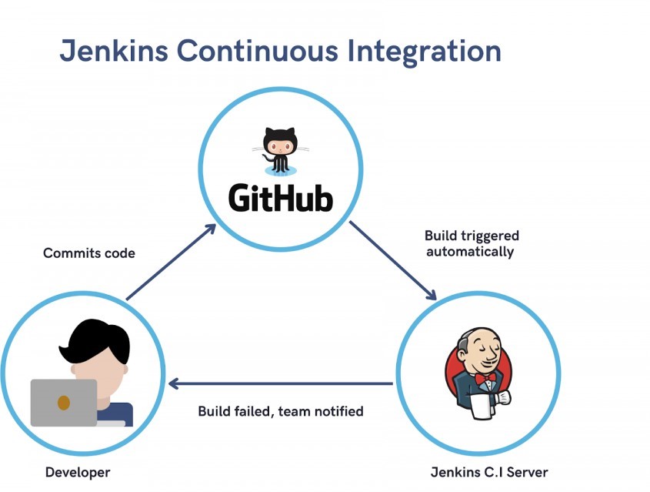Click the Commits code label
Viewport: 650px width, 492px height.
pyautogui.click(x=88, y=253)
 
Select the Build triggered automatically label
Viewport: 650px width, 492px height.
pyautogui.click(x=472, y=243)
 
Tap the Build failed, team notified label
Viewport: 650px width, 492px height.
pyautogui.click(x=280, y=411)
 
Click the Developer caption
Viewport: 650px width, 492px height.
pyautogui.click(x=78, y=472)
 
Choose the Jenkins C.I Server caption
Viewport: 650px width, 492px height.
pyautogui.click(x=490, y=472)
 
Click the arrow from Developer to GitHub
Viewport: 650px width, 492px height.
pyautogui.click(x=171, y=262)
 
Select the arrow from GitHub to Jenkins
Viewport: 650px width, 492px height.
pyautogui.click(x=393, y=261)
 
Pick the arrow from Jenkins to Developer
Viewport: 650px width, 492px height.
pyautogui.click(x=281, y=383)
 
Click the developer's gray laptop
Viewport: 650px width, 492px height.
pyautogui.click(x=64, y=402)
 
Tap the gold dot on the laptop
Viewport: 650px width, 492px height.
pyautogui.click(x=64, y=402)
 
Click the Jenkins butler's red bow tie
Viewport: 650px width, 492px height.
pyautogui.click(x=484, y=380)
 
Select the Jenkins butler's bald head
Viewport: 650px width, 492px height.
pyautogui.click(x=468, y=340)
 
